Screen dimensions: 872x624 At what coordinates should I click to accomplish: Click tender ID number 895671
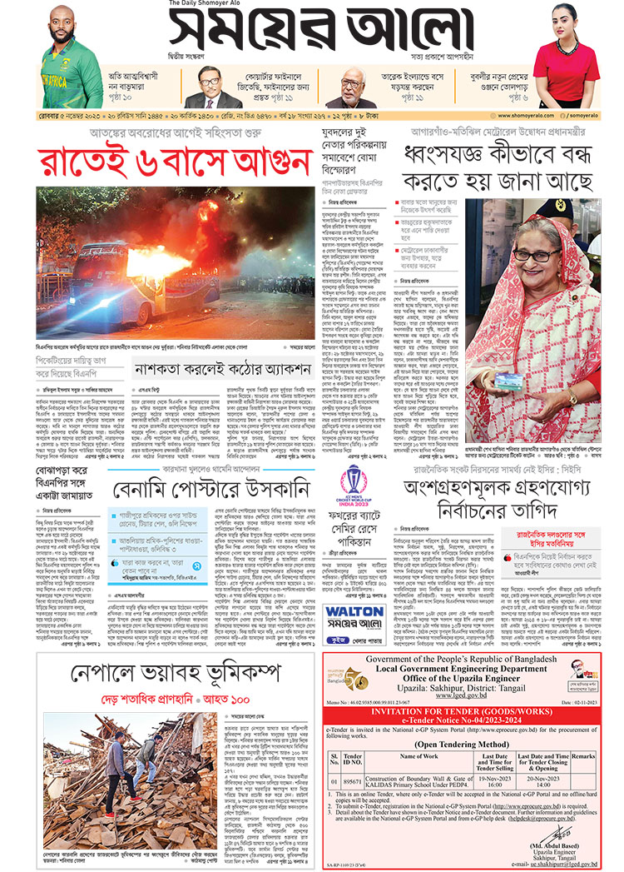pyautogui.click(x=353, y=782)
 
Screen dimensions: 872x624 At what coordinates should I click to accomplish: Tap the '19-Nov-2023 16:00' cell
pyautogui.click(x=493, y=782)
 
